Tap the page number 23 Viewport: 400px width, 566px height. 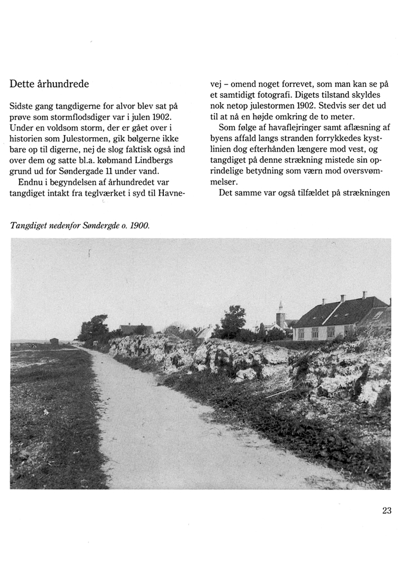[x=387, y=511]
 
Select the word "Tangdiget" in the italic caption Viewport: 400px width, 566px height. [x=29, y=226]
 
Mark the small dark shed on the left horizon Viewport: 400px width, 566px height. [x=54, y=341]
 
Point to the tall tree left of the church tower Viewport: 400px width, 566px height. [x=233, y=319]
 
